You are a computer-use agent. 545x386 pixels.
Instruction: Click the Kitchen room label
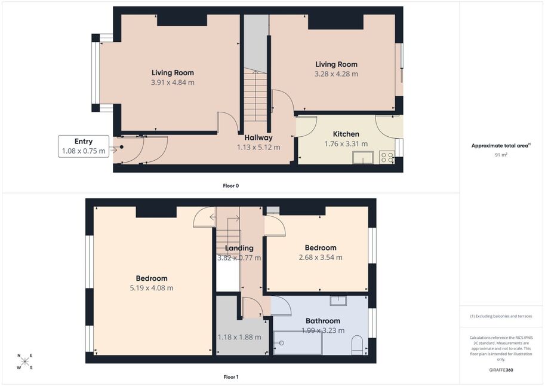[346, 134]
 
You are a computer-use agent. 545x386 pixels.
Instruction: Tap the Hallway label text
[258, 137]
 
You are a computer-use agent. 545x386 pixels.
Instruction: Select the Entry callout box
[84, 146]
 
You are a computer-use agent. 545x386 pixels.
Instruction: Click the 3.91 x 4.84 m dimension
[173, 82]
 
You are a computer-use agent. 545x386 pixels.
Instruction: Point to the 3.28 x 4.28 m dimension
[336, 73]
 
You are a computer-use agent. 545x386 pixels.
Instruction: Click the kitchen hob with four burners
[387, 157]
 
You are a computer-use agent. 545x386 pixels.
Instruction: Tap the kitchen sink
[363, 157]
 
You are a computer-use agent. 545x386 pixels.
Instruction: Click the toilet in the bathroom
[358, 345]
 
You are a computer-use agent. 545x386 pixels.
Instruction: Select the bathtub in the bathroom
[298, 343]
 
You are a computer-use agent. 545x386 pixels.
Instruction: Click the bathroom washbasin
[338, 301]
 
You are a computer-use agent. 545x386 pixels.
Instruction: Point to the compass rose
[24, 362]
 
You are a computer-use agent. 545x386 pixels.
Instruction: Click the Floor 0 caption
[231, 186]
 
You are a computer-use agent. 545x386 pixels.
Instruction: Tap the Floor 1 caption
[231, 377]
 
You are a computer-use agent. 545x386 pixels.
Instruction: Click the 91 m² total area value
[501, 155]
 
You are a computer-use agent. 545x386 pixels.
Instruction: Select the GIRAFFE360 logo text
[501, 370]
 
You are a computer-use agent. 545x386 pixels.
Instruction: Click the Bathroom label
[323, 321]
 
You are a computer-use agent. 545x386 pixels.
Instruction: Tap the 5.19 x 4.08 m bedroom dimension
[152, 288]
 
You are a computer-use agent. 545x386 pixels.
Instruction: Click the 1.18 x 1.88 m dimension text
[239, 337]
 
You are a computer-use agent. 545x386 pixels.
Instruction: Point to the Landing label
[239, 248]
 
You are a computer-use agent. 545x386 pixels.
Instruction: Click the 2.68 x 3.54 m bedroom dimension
[321, 257]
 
